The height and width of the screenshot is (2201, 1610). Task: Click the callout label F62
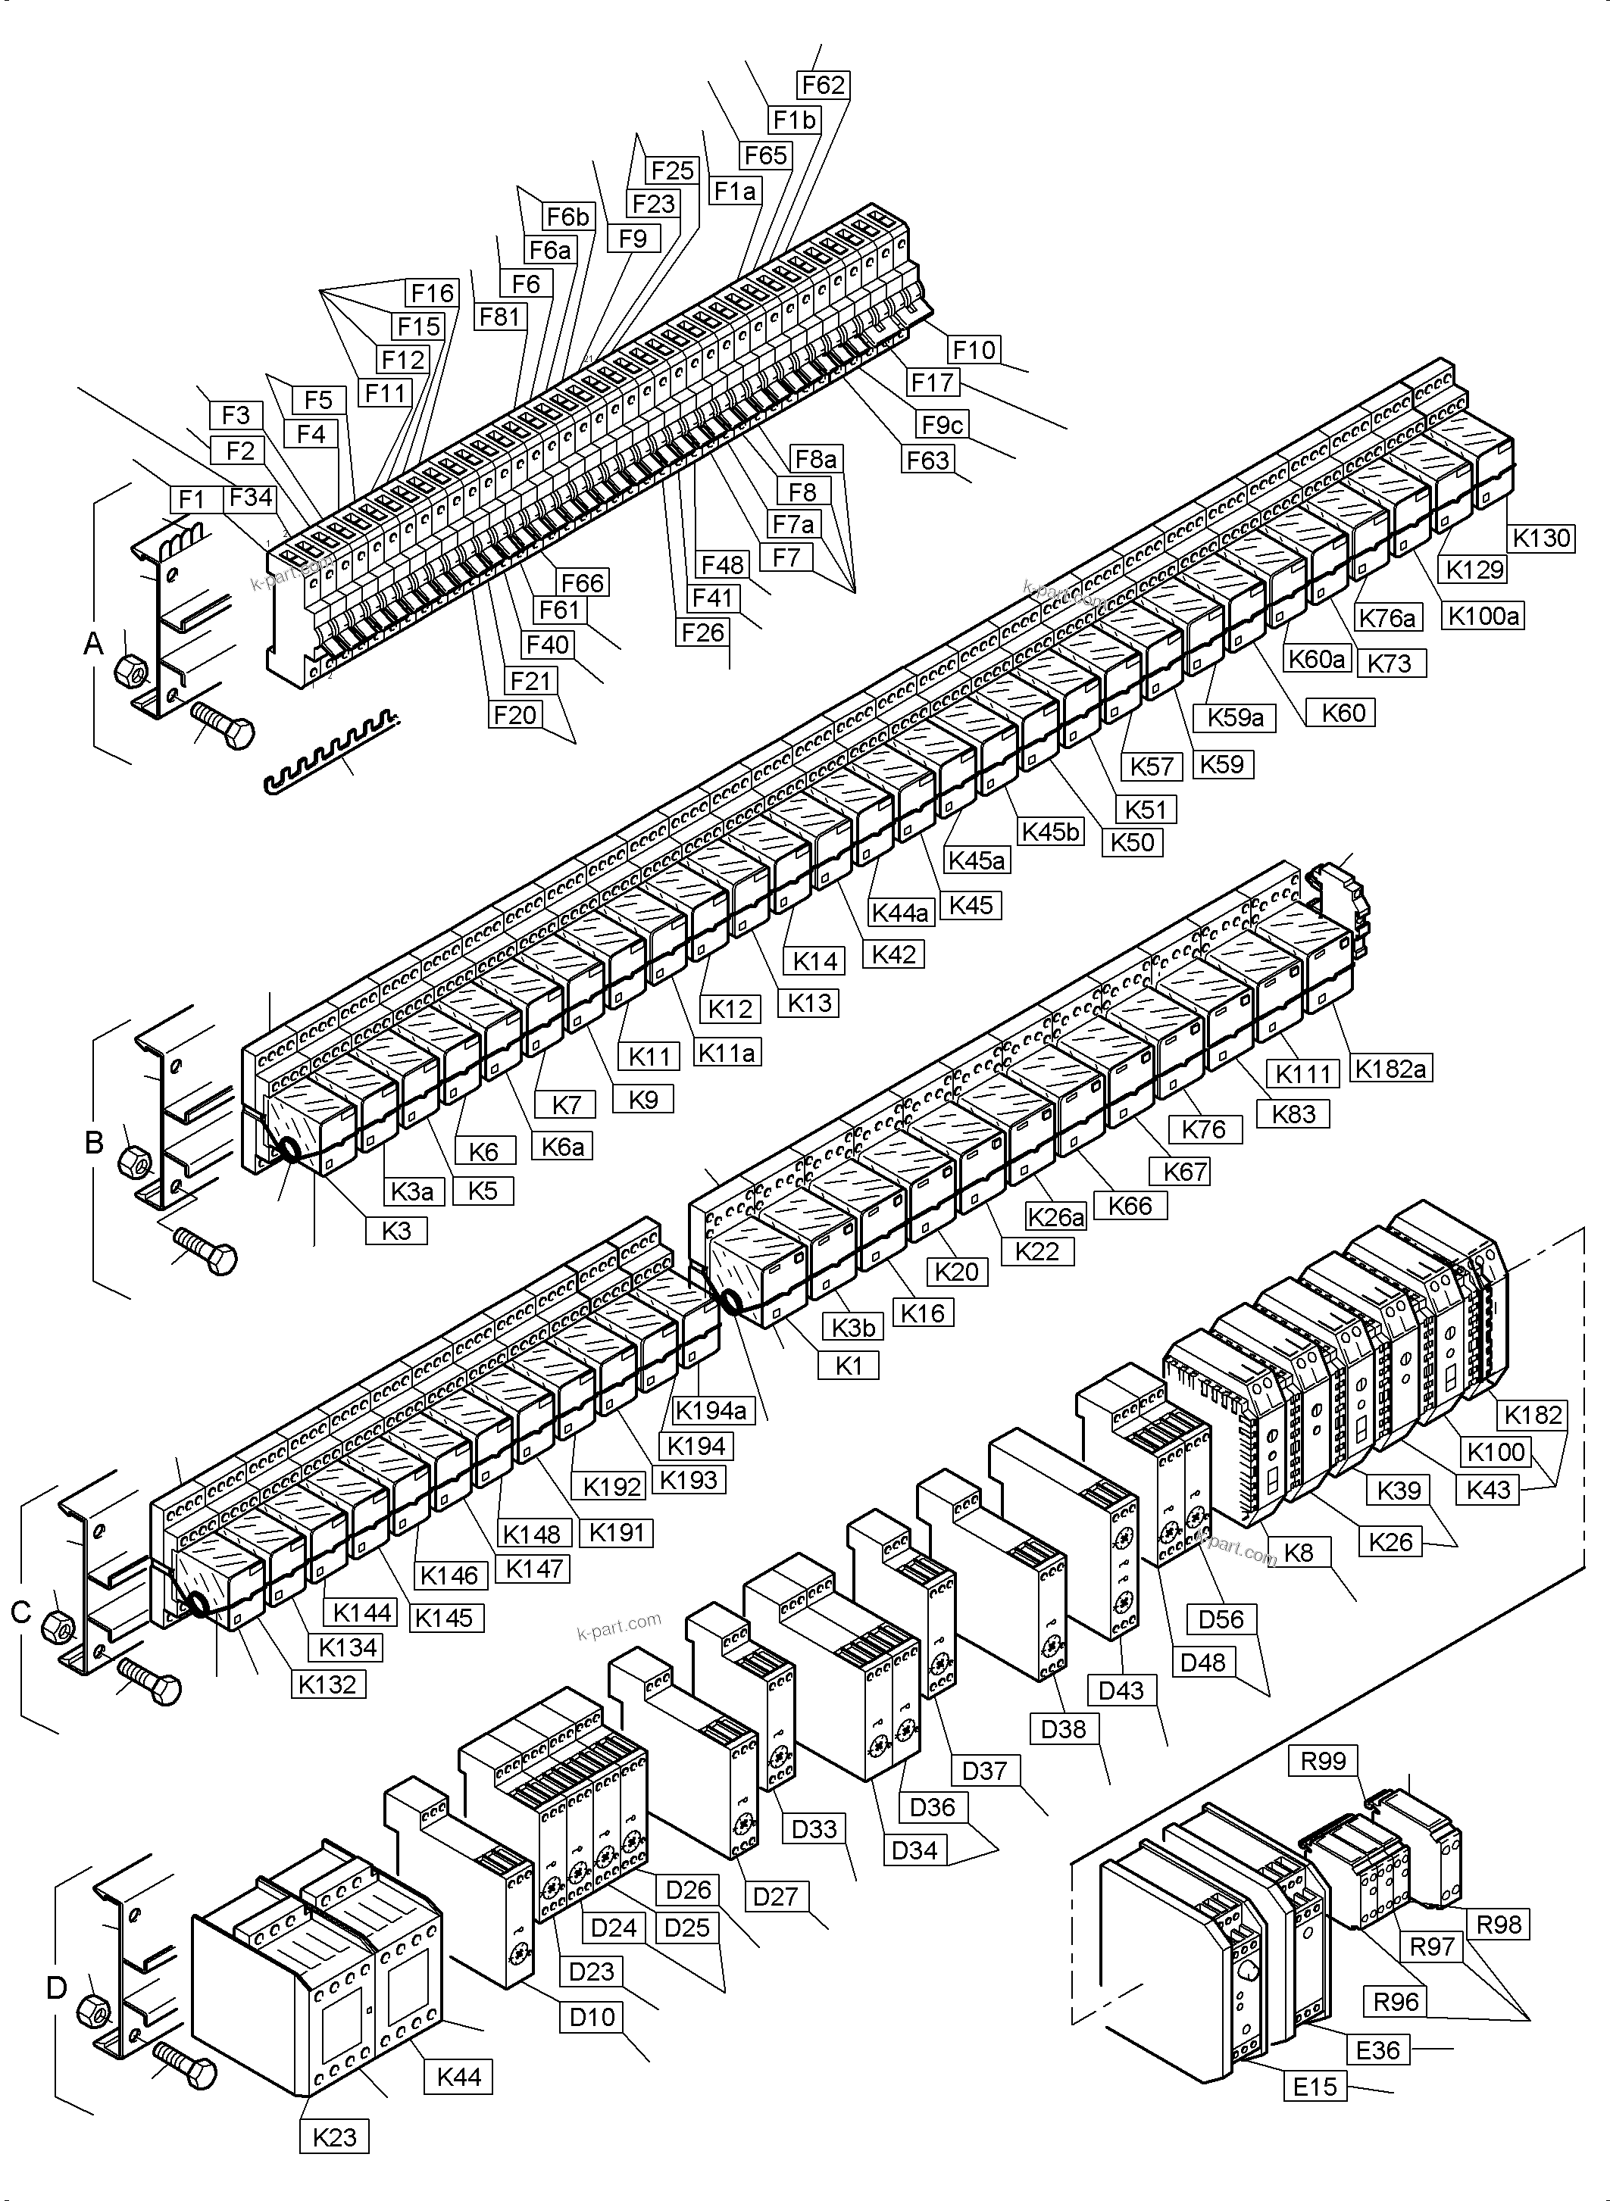pos(823,86)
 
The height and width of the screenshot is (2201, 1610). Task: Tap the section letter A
pos(93,643)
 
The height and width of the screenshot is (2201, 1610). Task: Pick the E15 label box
pos(1315,2086)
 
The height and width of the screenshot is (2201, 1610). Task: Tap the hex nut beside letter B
pos(133,1160)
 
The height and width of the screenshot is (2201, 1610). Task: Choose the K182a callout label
pos(1392,1069)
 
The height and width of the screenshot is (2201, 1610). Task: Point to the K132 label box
pos(327,1684)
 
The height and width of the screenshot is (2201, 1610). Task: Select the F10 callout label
pos(974,349)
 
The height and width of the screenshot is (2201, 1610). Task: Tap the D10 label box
pos(592,2016)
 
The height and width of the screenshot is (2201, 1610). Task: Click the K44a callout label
pos(901,913)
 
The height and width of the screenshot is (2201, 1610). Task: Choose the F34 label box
pos(251,498)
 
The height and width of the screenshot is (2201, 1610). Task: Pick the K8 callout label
pos(1298,1552)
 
